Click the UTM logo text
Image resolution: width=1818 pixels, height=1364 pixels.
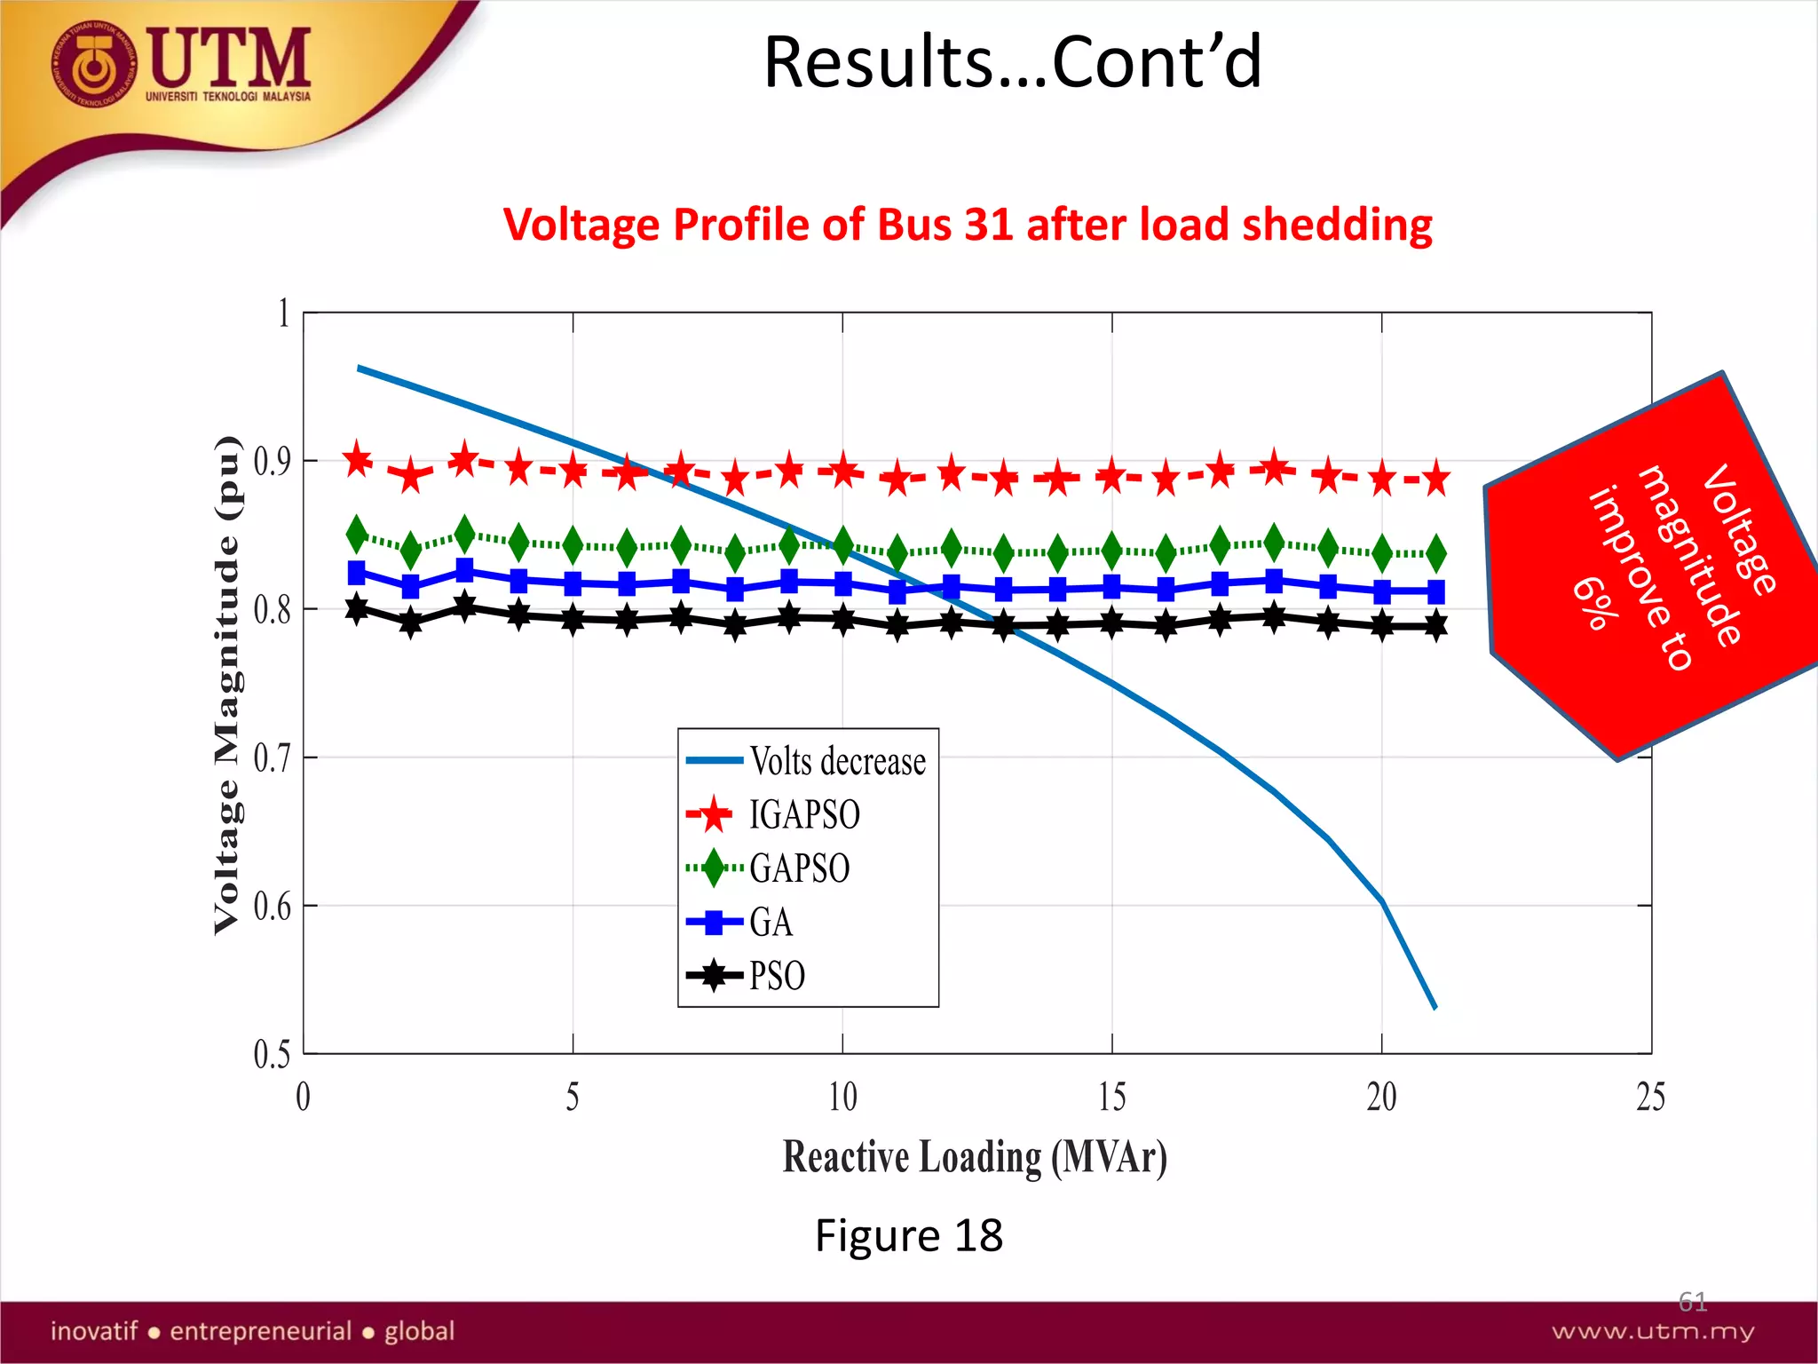click(229, 58)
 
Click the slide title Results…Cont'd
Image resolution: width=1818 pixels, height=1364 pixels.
click(1012, 62)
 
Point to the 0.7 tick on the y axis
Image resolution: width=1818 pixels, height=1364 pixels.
click(272, 757)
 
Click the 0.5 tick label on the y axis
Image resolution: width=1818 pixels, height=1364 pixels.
click(272, 1054)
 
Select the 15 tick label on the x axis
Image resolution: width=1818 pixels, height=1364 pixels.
click(1111, 1097)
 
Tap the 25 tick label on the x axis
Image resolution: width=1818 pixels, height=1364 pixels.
click(1650, 1097)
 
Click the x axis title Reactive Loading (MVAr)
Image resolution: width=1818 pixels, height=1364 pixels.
click(974, 1157)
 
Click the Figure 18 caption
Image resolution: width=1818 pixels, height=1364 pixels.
click(908, 1235)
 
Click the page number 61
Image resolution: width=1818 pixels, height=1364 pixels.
click(1692, 1302)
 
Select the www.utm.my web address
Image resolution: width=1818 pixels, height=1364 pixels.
click(1652, 1331)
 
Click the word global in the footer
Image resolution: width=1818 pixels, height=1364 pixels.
click(419, 1331)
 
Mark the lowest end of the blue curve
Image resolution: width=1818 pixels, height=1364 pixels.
click(1435, 1007)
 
